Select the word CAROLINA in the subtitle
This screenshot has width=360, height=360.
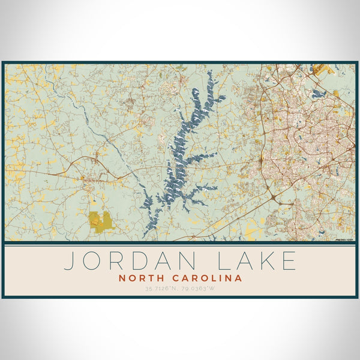(206, 278)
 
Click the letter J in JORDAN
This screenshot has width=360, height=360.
(69, 260)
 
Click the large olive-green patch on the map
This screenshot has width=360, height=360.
(101, 221)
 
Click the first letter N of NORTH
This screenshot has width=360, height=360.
(123, 278)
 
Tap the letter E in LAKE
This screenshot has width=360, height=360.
(289, 260)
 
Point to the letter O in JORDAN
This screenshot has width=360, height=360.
(92, 260)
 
